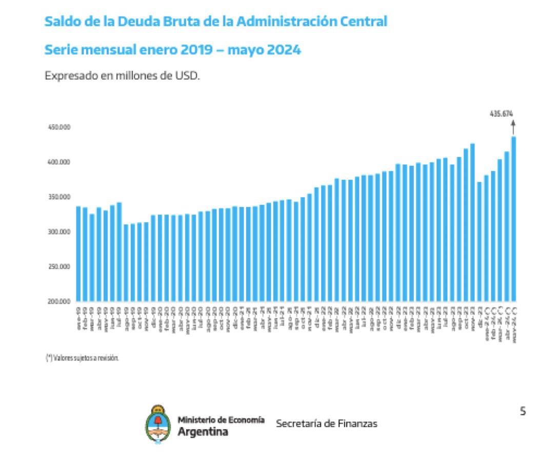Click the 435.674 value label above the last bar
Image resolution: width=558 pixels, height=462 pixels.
coord(502,113)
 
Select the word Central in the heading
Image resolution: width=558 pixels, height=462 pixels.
coord(366,22)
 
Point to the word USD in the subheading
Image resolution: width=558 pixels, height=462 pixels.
coord(188,75)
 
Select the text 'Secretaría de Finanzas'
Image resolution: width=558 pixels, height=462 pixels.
coord(327,423)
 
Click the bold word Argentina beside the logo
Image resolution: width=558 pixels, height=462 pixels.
coord(203,432)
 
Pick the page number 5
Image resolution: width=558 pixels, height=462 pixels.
coord(523,411)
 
